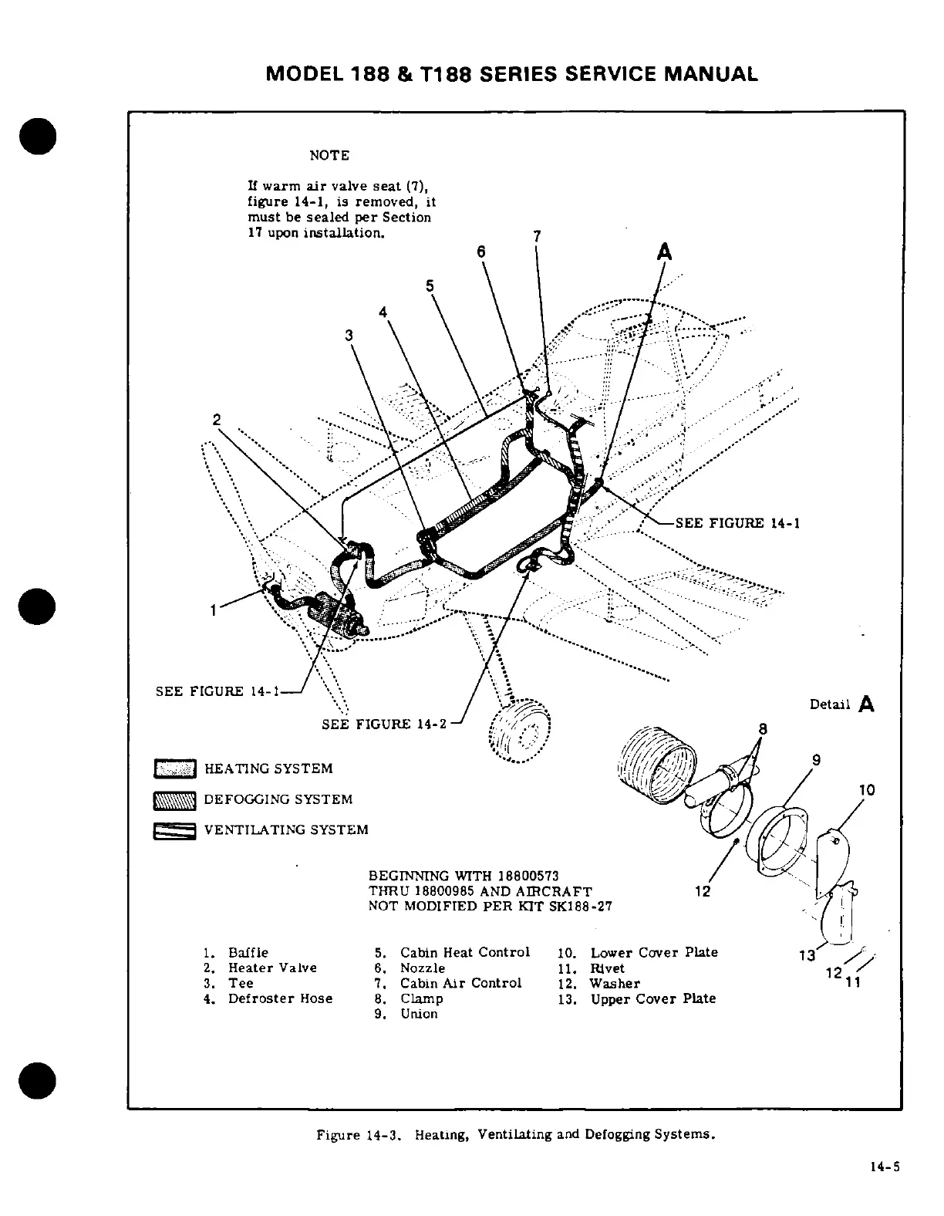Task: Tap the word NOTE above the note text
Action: [329, 156]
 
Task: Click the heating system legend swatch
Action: [176, 768]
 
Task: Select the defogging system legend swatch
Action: [176, 800]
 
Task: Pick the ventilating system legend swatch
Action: [176, 831]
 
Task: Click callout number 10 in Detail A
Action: [867, 790]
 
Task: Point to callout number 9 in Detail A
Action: [816, 758]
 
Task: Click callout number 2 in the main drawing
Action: [217, 420]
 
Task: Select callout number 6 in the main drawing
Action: [481, 252]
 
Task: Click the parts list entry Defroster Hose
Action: [280, 999]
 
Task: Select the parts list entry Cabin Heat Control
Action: [464, 953]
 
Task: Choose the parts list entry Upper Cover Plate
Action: [652, 999]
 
